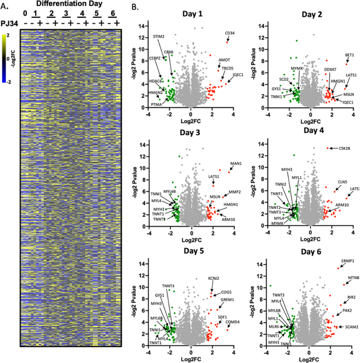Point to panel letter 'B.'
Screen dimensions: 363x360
pos(135,7)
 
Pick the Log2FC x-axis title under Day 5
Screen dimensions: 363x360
pos(191,357)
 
